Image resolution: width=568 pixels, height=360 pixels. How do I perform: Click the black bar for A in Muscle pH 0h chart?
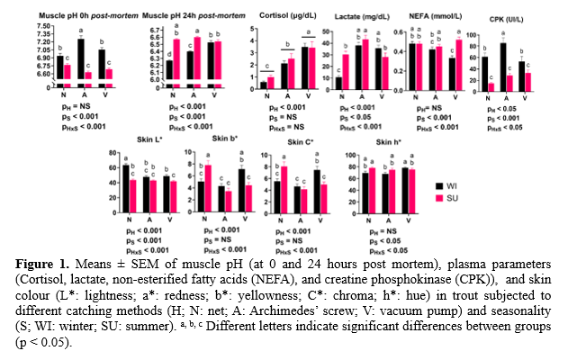coord(81,63)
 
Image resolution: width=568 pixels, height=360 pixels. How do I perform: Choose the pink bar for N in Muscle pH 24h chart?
coord(176,64)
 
